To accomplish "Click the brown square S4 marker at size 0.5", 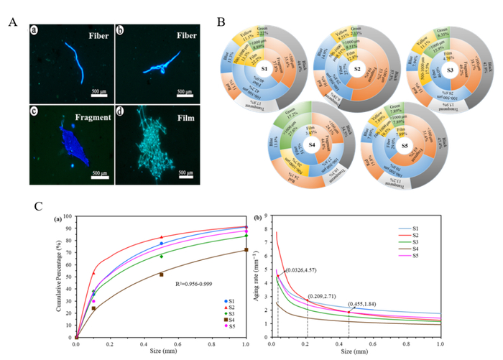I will pos(161,274).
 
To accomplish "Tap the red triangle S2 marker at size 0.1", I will pos(93,273).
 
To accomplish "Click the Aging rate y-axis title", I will pos(256,275).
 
